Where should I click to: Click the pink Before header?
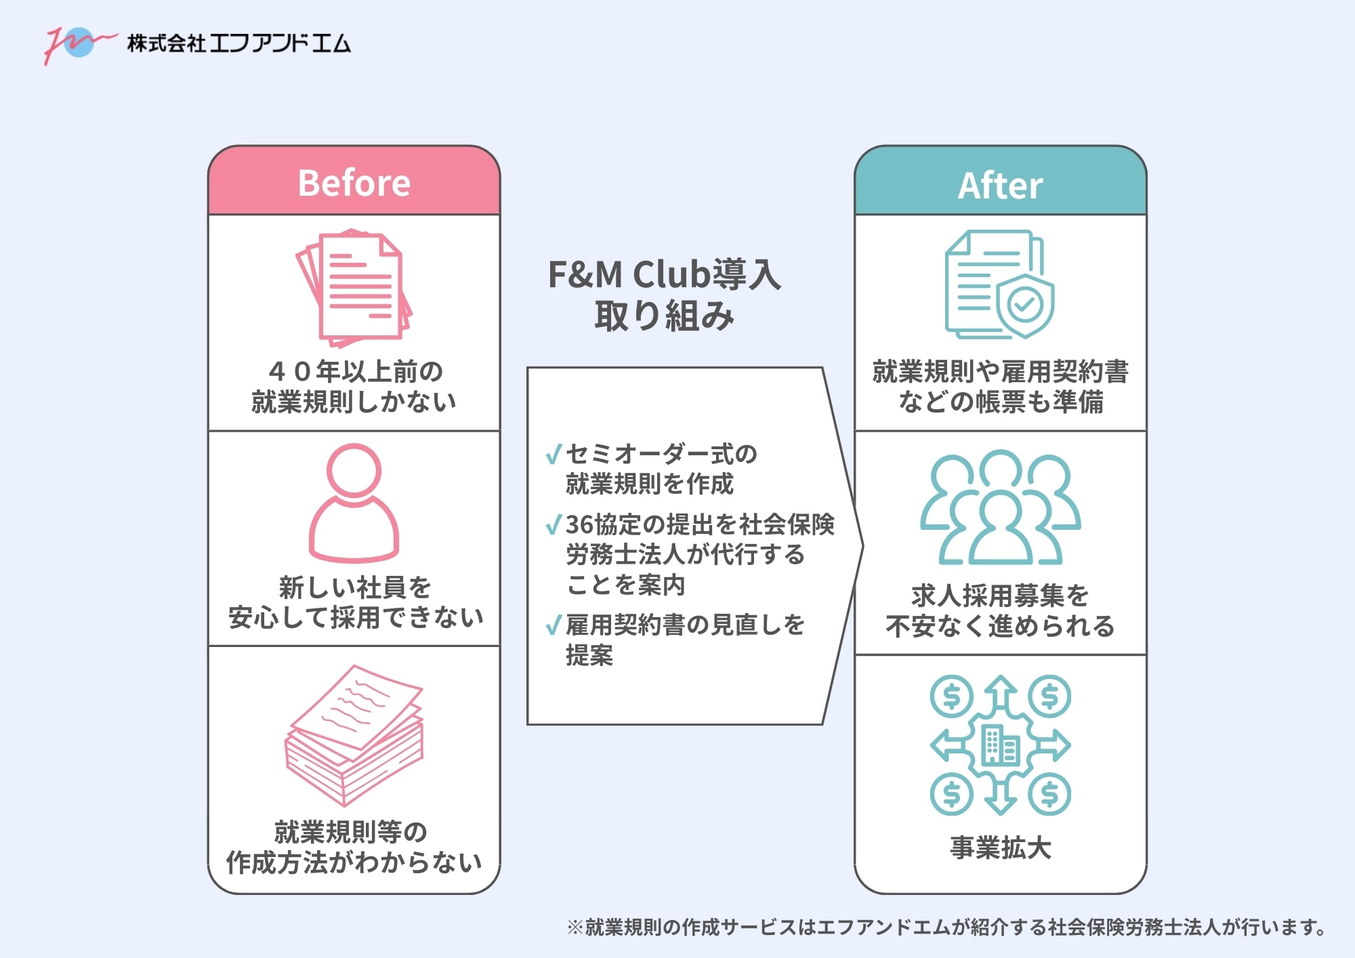coord(354,182)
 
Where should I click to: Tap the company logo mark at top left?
coord(78,43)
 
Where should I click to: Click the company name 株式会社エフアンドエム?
coord(239,43)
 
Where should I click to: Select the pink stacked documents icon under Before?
coord(354,287)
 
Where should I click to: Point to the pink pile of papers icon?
coord(354,734)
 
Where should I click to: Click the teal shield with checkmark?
coord(1024,305)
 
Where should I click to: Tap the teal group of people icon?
coord(1000,508)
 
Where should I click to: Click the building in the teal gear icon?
coord(1000,745)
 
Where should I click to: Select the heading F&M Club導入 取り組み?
coord(664,294)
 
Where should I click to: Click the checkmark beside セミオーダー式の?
coord(554,454)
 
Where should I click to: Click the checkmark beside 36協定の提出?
coord(554,524)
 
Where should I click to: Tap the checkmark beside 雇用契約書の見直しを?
coord(554,625)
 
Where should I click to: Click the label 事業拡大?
coord(1000,848)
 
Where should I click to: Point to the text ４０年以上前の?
coord(355,371)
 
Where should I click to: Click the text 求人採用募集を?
coord(1000,596)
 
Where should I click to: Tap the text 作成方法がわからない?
coord(354,862)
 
